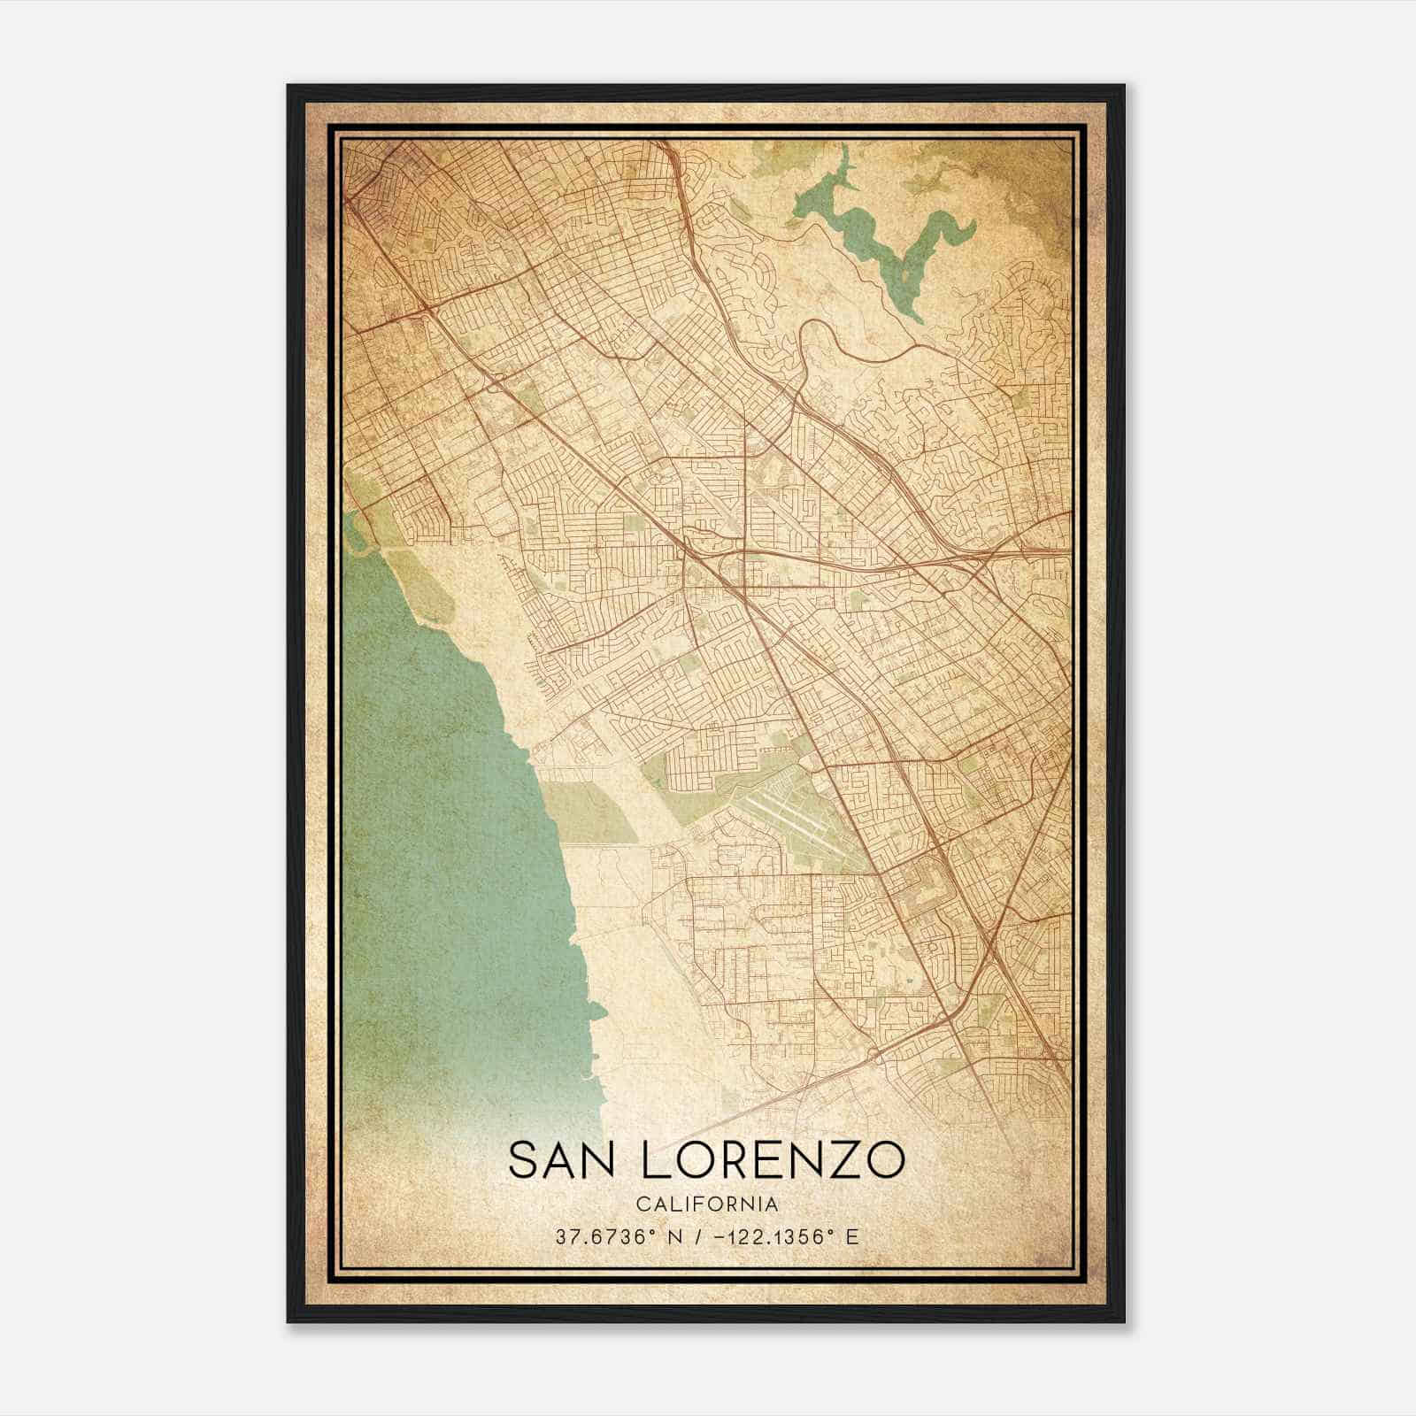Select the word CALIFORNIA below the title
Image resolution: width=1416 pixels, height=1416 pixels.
pos(707,1204)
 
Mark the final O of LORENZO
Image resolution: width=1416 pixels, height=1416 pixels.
pos(885,1160)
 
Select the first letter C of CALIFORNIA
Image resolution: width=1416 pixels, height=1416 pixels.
pos(642,1204)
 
